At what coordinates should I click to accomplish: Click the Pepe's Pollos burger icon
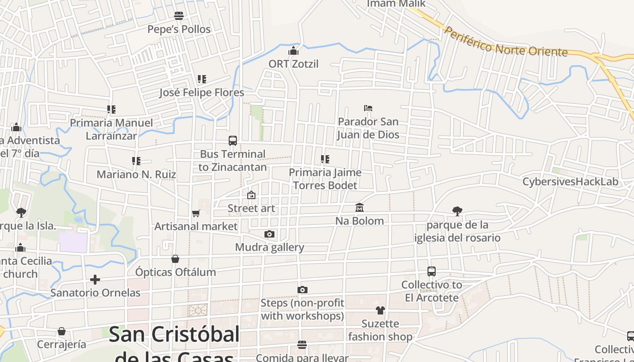point(179,16)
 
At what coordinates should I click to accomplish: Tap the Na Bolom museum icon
point(360,207)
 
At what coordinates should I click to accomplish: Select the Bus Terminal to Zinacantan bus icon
point(233,140)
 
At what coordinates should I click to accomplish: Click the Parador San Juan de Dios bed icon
point(368,108)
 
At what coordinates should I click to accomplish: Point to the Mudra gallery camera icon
point(269,234)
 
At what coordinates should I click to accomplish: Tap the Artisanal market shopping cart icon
point(196,213)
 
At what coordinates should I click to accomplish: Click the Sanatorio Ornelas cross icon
point(95,279)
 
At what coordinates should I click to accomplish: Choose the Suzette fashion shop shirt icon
point(380,310)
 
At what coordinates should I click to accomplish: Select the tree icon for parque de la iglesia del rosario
point(457,211)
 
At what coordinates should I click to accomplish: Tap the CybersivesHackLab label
point(570,182)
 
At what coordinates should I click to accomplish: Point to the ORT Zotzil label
point(293,64)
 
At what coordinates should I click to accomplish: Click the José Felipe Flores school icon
point(202,79)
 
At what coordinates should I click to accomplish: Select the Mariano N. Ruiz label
point(136,174)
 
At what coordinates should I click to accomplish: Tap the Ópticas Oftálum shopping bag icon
point(175,259)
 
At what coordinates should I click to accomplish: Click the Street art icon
point(251,195)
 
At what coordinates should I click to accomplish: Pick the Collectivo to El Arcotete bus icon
point(432,271)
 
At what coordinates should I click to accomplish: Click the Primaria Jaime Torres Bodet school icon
point(325,159)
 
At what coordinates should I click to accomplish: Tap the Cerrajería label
point(62,344)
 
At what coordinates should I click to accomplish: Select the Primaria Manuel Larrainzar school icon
point(111,110)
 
